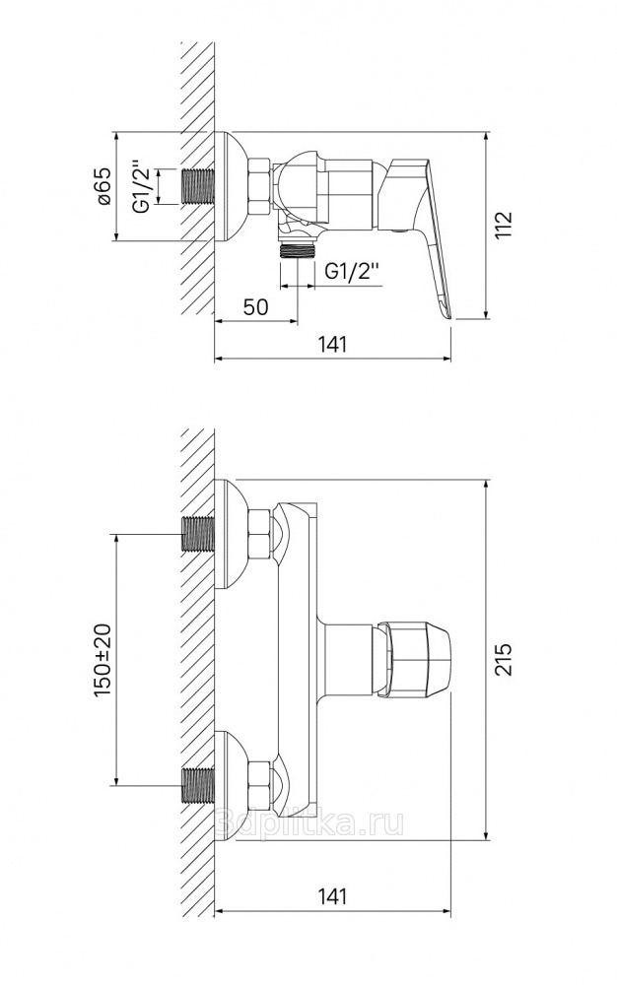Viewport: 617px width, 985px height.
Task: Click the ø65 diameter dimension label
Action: coord(104,186)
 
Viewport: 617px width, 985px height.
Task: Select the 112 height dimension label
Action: coord(504,225)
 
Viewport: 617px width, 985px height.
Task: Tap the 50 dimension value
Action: coord(255,306)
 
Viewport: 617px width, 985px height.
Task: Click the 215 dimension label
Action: coord(504,658)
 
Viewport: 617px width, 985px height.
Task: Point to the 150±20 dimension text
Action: coord(103,659)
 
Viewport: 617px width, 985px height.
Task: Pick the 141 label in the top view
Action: coord(332,344)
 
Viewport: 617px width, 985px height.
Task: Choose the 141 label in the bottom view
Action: coord(332,895)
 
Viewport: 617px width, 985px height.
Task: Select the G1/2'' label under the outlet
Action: coord(353,273)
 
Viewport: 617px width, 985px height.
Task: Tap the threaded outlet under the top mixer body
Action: coord(297,250)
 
